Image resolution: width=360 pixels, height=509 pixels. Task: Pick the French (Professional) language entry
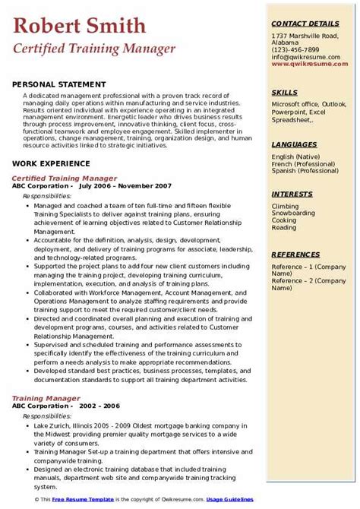tap(301, 163)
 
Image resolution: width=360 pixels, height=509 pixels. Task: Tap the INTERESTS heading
tap(293, 194)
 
